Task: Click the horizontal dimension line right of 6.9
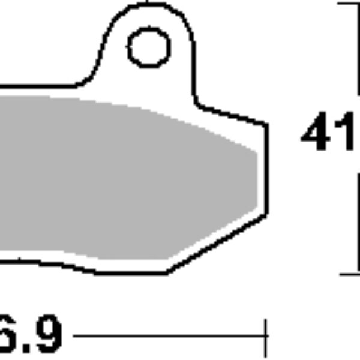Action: click(168, 337)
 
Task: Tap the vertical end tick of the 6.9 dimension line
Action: click(266, 337)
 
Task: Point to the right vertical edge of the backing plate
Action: click(266, 168)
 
